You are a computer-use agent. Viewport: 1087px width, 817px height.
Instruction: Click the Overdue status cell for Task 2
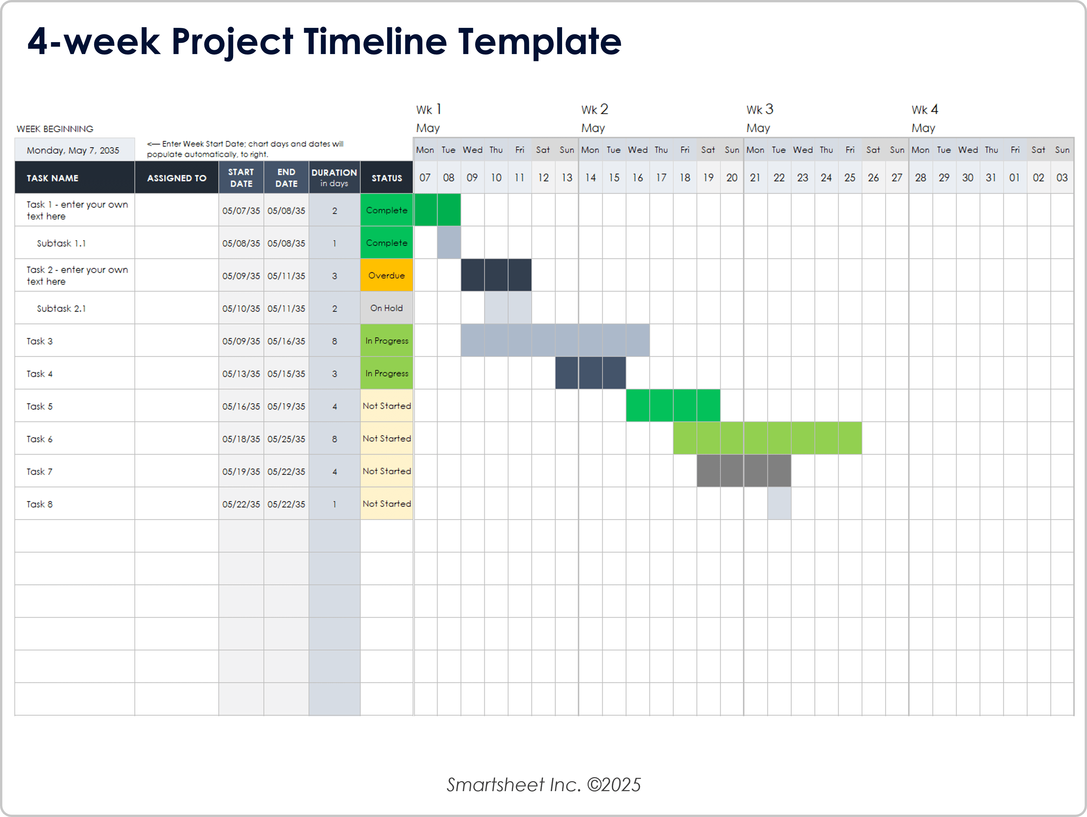(x=386, y=275)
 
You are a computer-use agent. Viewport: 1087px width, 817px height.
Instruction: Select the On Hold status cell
(x=386, y=308)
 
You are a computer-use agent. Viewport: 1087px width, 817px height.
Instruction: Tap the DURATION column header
(x=334, y=177)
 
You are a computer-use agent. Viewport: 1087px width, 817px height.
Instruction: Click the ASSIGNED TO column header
(x=176, y=178)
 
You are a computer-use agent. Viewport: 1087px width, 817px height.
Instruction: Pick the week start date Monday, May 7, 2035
(x=73, y=150)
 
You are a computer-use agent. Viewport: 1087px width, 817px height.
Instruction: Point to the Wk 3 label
(x=759, y=109)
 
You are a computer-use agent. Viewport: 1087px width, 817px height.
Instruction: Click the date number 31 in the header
(x=991, y=177)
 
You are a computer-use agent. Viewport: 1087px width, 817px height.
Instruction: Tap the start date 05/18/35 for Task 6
(x=241, y=439)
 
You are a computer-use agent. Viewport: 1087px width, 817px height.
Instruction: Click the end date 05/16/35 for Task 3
(x=286, y=341)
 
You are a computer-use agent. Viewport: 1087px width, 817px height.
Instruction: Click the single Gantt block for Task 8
(x=779, y=504)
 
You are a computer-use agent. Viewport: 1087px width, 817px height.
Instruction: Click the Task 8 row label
(x=39, y=504)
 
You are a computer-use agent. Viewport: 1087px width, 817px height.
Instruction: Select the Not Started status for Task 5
(x=386, y=406)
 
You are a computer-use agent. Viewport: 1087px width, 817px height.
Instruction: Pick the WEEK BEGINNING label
(x=55, y=129)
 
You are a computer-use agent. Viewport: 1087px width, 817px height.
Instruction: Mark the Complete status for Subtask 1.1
(x=386, y=243)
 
